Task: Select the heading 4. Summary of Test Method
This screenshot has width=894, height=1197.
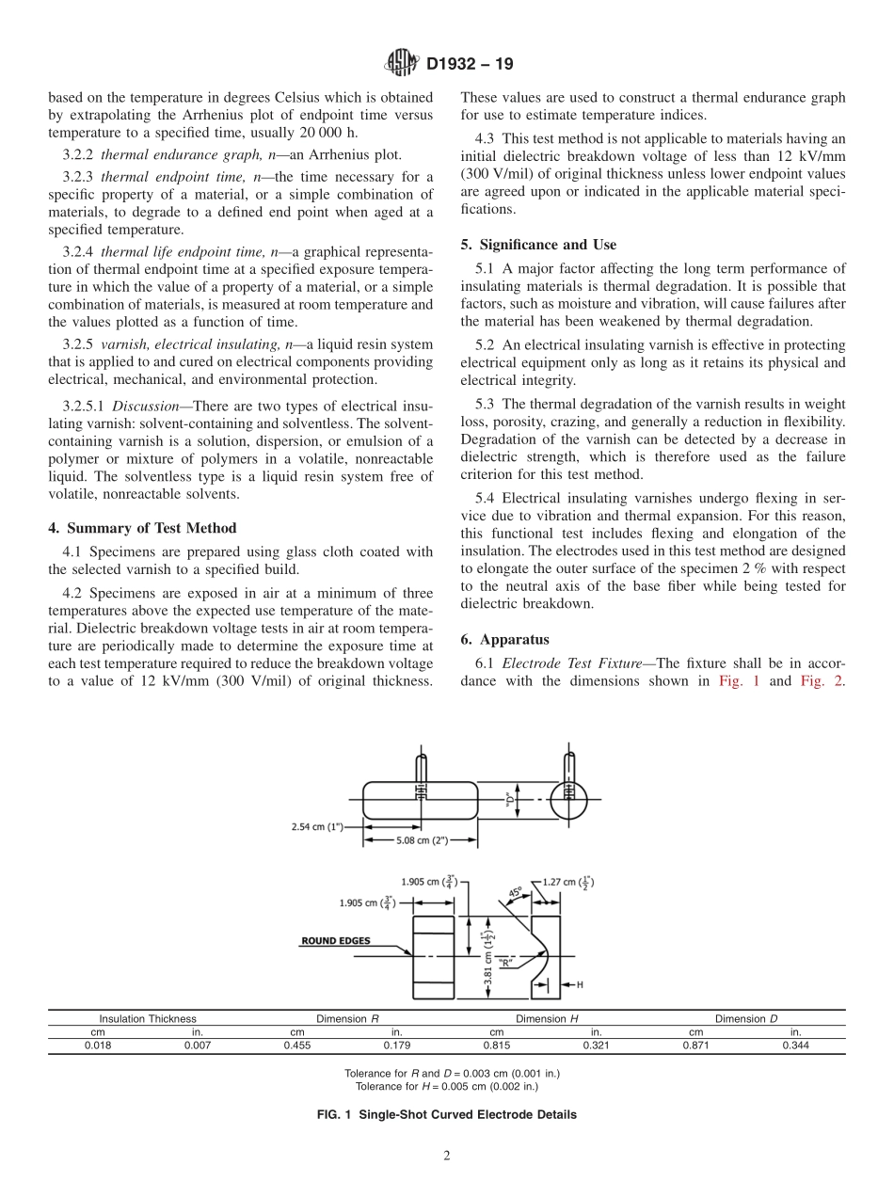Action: [x=142, y=528]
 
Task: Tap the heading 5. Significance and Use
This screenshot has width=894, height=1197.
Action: [x=538, y=245]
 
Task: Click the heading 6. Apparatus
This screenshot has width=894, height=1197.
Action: [x=498, y=639]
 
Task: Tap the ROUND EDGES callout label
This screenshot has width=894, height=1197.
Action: [x=335, y=940]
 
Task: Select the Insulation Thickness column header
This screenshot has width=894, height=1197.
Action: [x=148, y=1018]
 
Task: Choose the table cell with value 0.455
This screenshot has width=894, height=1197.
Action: [x=296, y=1045]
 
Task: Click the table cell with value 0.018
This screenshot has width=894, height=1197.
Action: [x=98, y=1045]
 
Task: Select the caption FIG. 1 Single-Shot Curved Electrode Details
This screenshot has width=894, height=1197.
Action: [x=446, y=1115]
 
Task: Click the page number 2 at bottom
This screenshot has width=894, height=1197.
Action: [x=446, y=1157]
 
